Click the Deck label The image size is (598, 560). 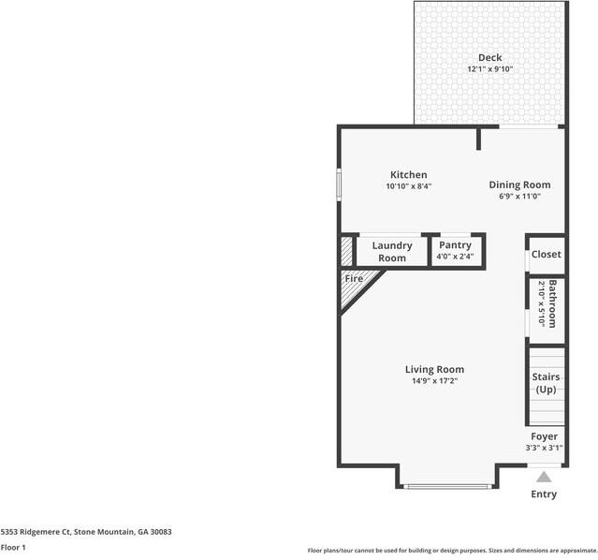coord(489,58)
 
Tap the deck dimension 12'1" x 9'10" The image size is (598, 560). coord(489,69)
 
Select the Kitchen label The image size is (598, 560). coord(408,175)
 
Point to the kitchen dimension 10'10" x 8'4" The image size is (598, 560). coord(408,186)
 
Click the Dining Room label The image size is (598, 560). coord(519,185)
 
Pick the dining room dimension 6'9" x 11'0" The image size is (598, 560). coord(519,197)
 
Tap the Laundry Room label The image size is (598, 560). coord(392,252)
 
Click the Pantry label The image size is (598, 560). coord(455,245)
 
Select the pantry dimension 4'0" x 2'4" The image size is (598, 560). coord(455,257)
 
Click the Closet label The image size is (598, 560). coord(546,255)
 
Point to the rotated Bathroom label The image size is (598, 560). coord(553,303)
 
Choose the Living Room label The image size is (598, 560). coord(434,369)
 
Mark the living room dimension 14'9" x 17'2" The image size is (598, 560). coord(434,381)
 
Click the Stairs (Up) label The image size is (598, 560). coord(546,382)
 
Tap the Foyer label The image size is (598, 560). coord(544,436)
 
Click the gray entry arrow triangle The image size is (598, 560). coord(544,477)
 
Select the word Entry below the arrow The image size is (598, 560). coord(544,494)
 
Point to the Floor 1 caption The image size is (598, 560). coord(13,547)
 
